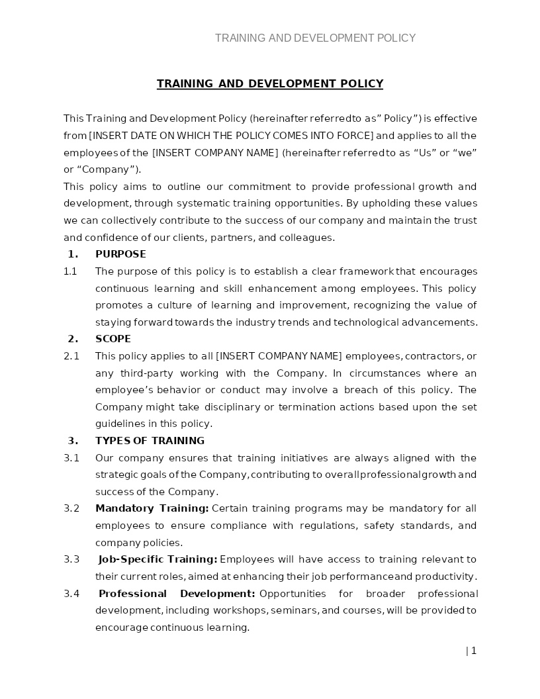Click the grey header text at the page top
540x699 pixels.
[x=315, y=38]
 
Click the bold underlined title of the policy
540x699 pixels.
[x=269, y=83]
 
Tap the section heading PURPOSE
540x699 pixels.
[x=120, y=254]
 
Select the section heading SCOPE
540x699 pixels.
[x=113, y=339]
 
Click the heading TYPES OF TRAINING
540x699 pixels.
[x=150, y=441]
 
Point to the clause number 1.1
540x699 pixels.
[x=70, y=271]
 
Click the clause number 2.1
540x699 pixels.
[x=71, y=356]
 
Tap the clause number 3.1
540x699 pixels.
[x=71, y=458]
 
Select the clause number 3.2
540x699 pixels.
[x=71, y=508]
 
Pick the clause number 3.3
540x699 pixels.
[x=71, y=559]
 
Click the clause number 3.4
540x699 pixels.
[x=71, y=593]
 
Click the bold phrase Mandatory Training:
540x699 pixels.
[x=152, y=508]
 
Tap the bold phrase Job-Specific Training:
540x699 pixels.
[x=157, y=559]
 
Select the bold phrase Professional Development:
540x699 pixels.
[x=177, y=593]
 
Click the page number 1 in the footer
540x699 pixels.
[x=474, y=651]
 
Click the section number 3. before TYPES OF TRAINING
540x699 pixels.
[x=73, y=441]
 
